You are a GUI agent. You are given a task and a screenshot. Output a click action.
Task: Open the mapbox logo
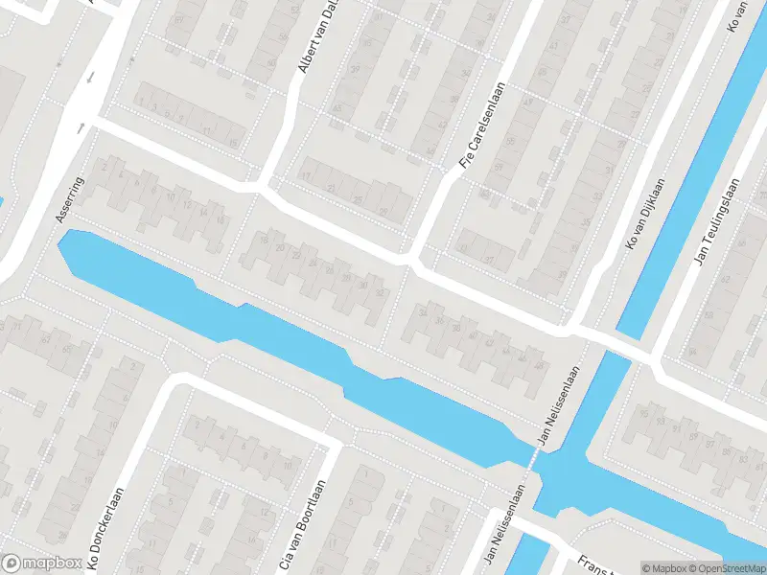click(x=40, y=563)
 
